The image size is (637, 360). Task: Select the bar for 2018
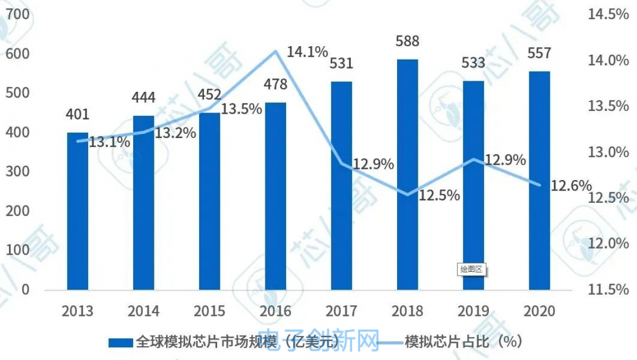pyautogui.click(x=407, y=175)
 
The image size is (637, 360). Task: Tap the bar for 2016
pyautogui.click(x=276, y=196)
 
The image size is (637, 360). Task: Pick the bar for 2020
pyautogui.click(x=539, y=181)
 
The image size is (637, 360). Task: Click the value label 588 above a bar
pyautogui.click(x=407, y=41)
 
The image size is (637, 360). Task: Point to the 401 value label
pyautogui.click(x=78, y=115)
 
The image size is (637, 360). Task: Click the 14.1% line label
pyautogui.click(x=307, y=52)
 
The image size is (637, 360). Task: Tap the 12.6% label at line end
pyautogui.click(x=571, y=185)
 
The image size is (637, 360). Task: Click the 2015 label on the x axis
pyautogui.click(x=210, y=311)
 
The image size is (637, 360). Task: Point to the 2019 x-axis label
pyautogui.click(x=474, y=311)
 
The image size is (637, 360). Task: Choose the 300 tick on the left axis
pyautogui.click(x=18, y=172)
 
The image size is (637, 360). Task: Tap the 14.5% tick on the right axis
pyautogui.click(x=608, y=14)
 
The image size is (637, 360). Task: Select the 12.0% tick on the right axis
pyautogui.click(x=608, y=244)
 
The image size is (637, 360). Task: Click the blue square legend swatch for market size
pyautogui.click(x=121, y=341)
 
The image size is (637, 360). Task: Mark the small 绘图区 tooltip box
pyautogui.click(x=471, y=269)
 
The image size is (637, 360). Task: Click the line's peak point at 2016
pyautogui.click(x=276, y=51)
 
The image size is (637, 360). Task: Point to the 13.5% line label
pyautogui.click(x=242, y=109)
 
